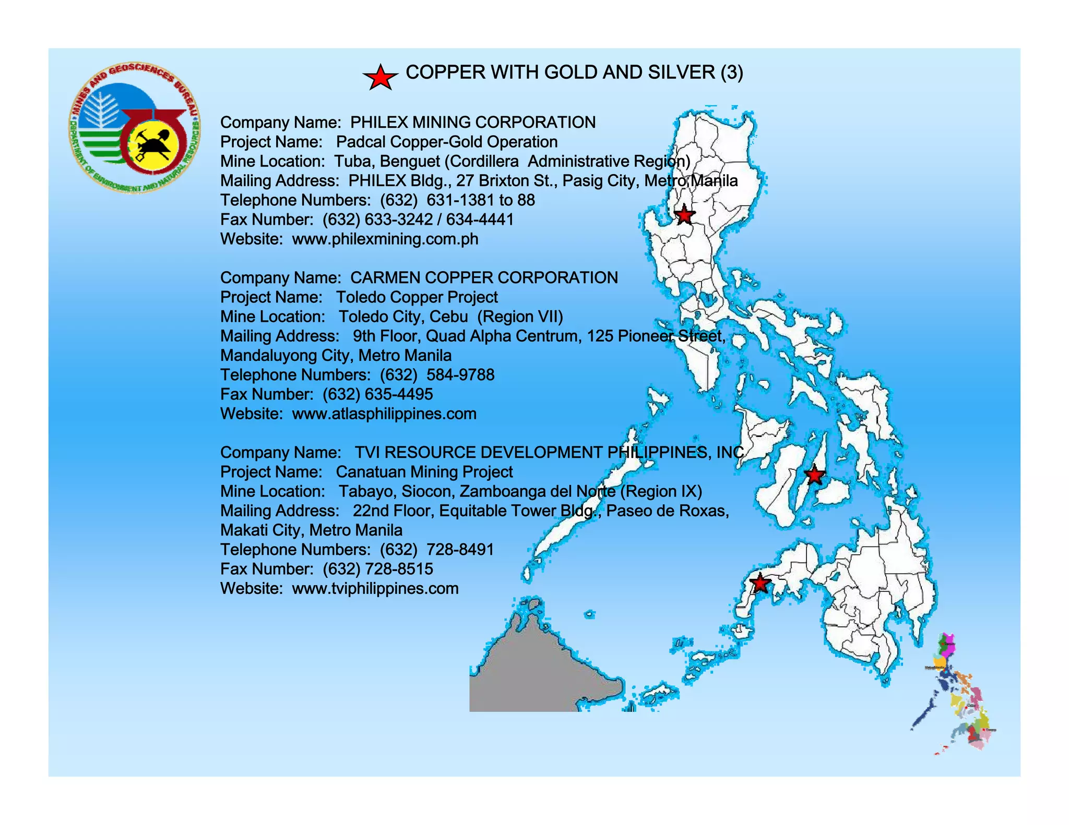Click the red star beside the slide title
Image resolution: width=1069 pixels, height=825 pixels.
pos(381,78)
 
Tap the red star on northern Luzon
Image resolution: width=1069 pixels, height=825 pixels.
pos(684,214)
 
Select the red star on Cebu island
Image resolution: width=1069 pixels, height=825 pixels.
pos(814,475)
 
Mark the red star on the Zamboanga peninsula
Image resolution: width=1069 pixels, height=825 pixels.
pos(760,583)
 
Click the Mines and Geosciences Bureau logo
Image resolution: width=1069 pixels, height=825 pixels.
pos(135,129)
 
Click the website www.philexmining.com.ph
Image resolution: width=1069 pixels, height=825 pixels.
pos(385,239)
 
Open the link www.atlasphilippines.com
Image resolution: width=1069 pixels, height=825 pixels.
pos(384,414)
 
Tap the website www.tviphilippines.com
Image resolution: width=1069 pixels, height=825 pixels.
pos(375,589)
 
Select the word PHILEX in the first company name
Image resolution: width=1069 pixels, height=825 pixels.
pos(378,123)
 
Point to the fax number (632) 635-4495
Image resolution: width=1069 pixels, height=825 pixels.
pos(377,394)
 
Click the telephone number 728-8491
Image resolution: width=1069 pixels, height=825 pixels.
pos(460,550)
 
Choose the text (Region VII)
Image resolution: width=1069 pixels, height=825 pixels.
pos(520,317)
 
